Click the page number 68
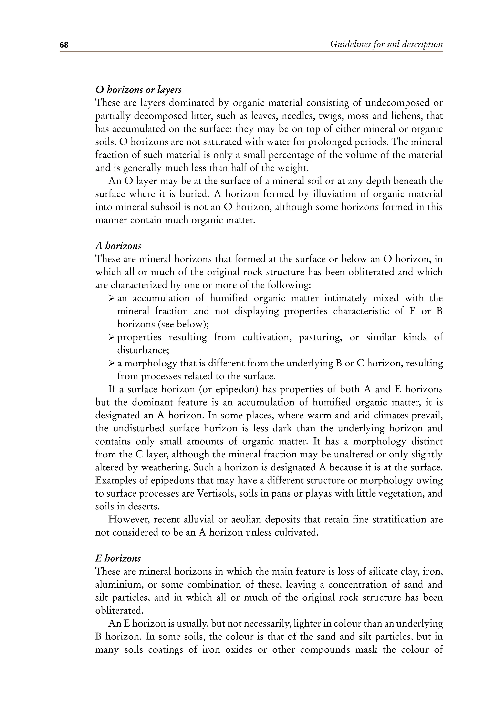pos(64,45)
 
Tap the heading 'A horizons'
pos(118,246)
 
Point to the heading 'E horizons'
pos(118,558)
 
